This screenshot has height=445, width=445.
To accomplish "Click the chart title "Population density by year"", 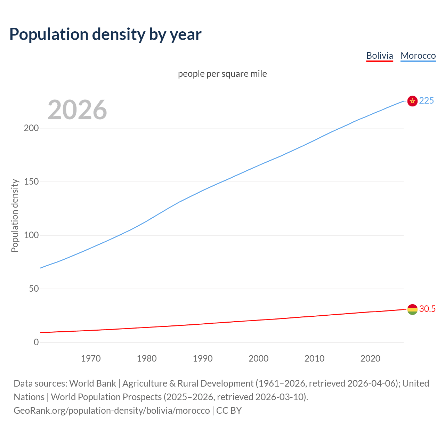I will [105, 34].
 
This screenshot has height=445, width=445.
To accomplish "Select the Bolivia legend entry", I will [380, 56].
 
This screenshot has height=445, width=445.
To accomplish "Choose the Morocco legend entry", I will [418, 56].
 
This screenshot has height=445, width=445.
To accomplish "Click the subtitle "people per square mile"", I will [222, 74].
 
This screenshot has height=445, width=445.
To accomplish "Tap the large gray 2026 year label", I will [77, 110].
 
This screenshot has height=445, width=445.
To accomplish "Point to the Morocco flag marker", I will [412, 101].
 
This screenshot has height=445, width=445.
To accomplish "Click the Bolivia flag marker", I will [412, 309].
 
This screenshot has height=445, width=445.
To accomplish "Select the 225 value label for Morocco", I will [427, 100].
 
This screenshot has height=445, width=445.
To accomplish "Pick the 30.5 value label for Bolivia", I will [427, 309].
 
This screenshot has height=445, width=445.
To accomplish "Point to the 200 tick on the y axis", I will [31, 128].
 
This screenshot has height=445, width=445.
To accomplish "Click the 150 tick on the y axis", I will [31, 181].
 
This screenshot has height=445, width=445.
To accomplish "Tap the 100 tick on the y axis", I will [31, 235].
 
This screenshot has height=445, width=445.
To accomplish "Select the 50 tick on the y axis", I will [34, 289].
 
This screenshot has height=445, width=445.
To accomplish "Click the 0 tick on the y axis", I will [36, 342].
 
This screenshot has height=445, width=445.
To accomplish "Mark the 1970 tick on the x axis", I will [91, 358].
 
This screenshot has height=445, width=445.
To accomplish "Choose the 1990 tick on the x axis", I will [203, 358].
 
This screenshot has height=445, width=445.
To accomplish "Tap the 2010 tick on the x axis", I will [314, 358].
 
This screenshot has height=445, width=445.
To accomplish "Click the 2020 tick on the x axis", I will [370, 358].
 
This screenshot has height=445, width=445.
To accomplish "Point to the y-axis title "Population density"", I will [15, 216].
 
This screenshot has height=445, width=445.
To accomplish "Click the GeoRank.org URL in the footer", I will [112, 411].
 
